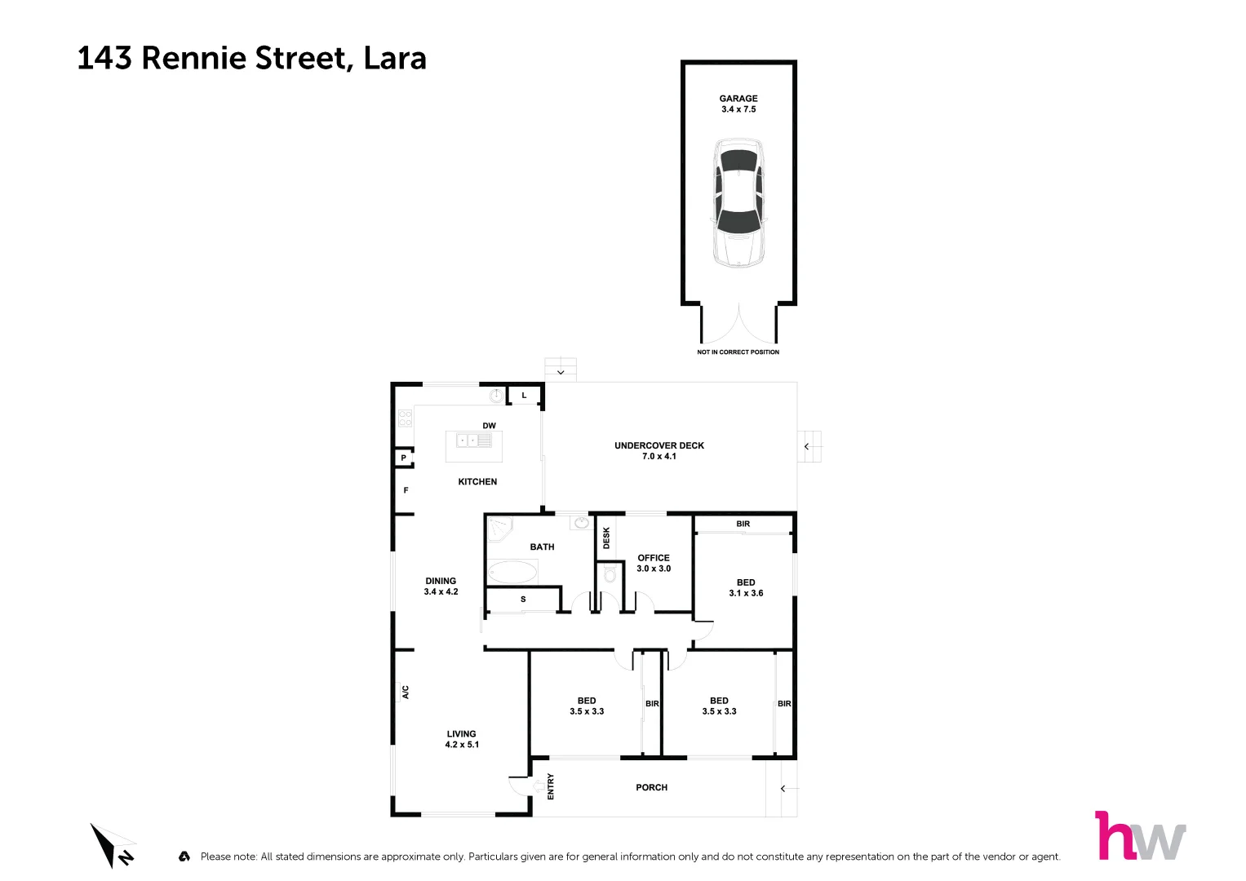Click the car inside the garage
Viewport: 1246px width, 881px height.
[x=738, y=203]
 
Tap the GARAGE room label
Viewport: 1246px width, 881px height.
[x=738, y=99]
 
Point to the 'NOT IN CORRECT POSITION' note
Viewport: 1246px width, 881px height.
[x=738, y=352]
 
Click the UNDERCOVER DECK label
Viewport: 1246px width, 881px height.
[x=659, y=445]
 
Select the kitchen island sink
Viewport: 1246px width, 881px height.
[x=474, y=441]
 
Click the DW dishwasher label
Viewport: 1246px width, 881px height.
[x=489, y=426]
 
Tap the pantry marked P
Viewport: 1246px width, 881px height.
[x=403, y=458]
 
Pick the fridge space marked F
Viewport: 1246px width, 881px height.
[x=406, y=490]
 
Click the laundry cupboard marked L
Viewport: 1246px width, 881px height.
[x=524, y=396]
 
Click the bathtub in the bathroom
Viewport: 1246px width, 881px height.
[x=512, y=572]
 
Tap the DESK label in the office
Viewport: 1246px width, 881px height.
[x=606, y=538]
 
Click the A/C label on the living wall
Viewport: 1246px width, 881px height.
[x=405, y=692]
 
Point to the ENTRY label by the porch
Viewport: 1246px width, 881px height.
[x=551, y=786]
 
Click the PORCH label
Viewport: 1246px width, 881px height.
[x=651, y=788]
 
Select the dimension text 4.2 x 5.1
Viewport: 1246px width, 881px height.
[x=462, y=745]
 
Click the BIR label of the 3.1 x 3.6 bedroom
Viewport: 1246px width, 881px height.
[x=743, y=525]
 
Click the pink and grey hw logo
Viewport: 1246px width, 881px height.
[x=1140, y=836]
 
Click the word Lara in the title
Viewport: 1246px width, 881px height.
[x=395, y=59]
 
